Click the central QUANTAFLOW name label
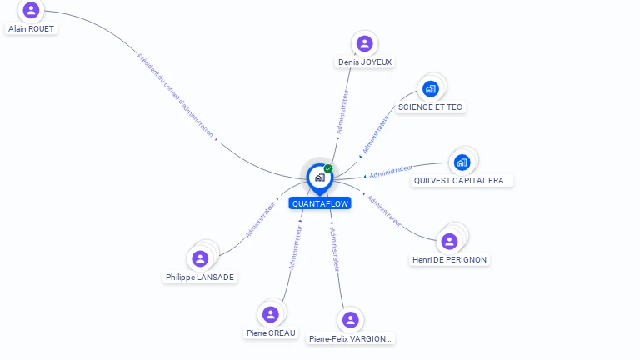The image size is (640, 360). pos(320,203)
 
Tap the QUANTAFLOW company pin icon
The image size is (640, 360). pos(319,177)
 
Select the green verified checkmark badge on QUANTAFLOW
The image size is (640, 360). pos(328,169)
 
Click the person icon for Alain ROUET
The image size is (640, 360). pos(32,10)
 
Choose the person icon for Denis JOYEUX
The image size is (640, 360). pos(364,43)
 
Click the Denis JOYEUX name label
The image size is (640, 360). pos(365,62)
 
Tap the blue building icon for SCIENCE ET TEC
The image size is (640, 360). pos(431,88)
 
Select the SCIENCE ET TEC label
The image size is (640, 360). pos(430,107)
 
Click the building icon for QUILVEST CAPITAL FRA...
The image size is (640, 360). pos(462,162)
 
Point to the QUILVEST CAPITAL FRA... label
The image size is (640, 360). pos(462,180)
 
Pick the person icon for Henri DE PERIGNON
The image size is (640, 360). pos(449,242)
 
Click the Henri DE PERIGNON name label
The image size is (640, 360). pos(450,259)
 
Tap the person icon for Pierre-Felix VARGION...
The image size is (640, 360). pos(350,320)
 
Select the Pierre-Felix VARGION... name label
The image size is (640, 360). pos(350,338)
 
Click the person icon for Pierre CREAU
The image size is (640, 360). pos(270,314)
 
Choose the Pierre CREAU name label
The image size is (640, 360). pos(271,332)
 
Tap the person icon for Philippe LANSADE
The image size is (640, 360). pos(200,258)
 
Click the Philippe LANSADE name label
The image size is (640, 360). pos(200,277)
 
